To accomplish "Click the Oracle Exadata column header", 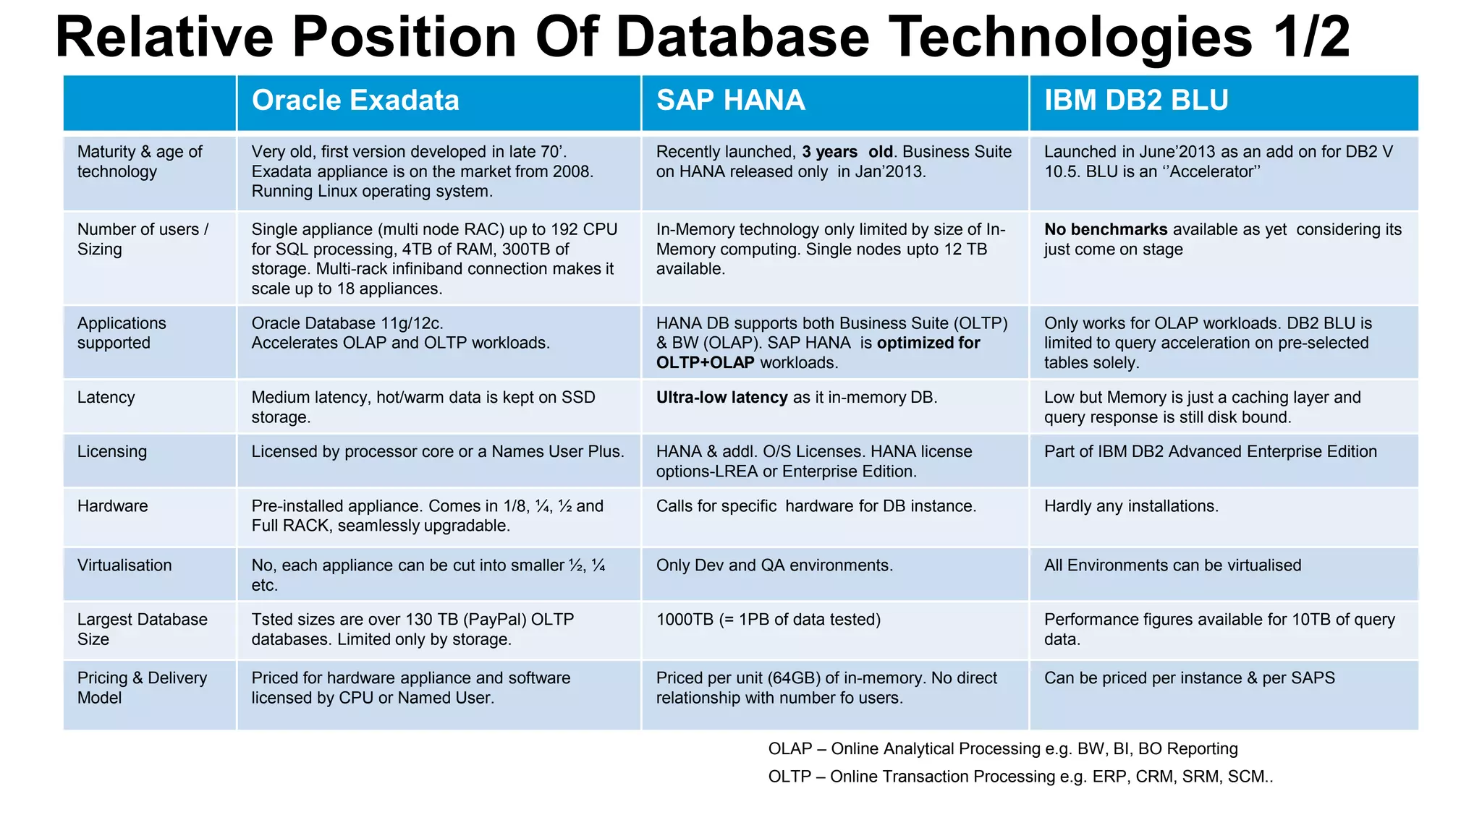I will (x=355, y=101).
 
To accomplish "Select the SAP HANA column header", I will (x=730, y=101).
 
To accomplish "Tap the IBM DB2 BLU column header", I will (x=1135, y=101).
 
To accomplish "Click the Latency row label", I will (x=106, y=398).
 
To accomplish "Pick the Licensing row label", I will (x=112, y=452).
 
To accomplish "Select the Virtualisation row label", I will (x=124, y=565).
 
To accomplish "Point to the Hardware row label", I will (x=112, y=506).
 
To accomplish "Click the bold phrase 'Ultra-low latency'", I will (x=721, y=398).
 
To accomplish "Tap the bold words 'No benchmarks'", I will (x=1105, y=230).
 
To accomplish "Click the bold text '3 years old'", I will (x=847, y=152).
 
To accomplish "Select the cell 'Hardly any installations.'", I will (x=1130, y=506).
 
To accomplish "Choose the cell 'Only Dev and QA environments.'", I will (x=774, y=565).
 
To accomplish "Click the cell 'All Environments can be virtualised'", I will (x=1172, y=565).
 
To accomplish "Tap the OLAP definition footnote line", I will (x=1002, y=749).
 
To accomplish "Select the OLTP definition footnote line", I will (x=1020, y=777).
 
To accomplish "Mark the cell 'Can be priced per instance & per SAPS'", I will (x=1189, y=678).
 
